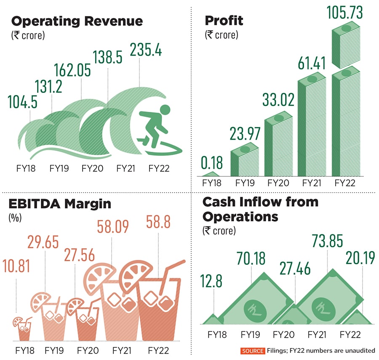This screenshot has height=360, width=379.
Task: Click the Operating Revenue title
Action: coord(77,21)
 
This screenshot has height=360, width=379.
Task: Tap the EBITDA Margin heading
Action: coord(59,204)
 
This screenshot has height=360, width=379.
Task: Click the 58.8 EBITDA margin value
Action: coord(158,222)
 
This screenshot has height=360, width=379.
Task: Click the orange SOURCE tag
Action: coord(253,351)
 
